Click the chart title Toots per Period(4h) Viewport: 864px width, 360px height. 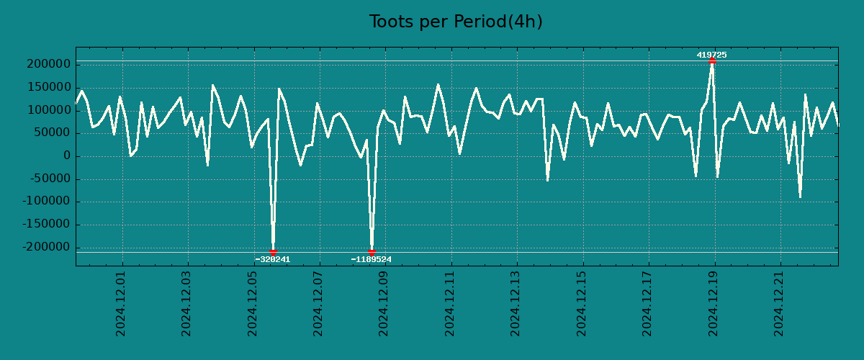(x=455, y=22)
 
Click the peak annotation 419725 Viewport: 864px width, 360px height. (x=711, y=55)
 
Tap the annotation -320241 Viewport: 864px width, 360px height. (x=273, y=259)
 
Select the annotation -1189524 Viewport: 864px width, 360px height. (x=372, y=259)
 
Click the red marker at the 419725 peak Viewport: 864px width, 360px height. (x=712, y=60)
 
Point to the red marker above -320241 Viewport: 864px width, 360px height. (x=274, y=251)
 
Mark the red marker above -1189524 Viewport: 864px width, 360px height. (x=372, y=251)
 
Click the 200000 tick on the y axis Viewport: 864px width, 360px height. (x=48, y=65)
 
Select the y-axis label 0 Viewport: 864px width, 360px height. (x=67, y=156)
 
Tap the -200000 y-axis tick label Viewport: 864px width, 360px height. (x=45, y=248)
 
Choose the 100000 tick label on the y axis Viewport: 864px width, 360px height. (x=48, y=110)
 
